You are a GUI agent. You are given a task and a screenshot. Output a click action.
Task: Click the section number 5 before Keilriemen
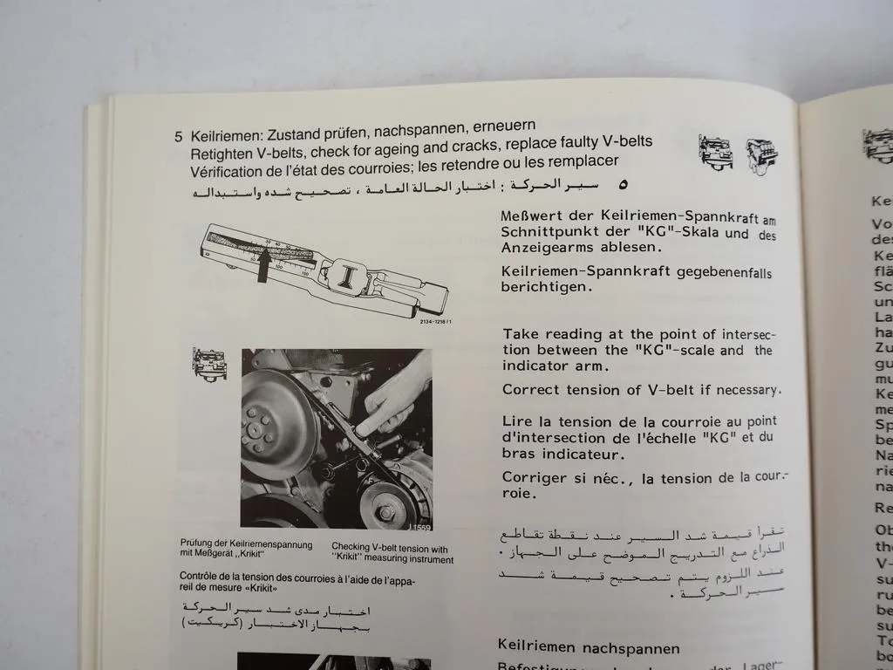[178, 136]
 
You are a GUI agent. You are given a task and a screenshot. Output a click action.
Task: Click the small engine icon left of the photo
[209, 364]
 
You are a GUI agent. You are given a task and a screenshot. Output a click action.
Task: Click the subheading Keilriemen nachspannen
[588, 647]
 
